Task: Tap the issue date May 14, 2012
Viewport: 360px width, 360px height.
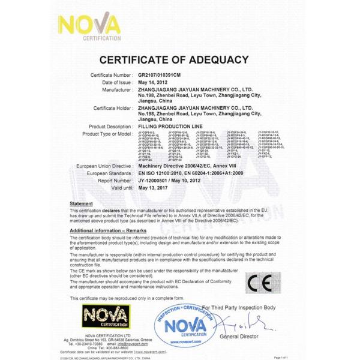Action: [x=153, y=82]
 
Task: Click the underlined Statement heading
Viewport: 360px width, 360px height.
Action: [x=81, y=205]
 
